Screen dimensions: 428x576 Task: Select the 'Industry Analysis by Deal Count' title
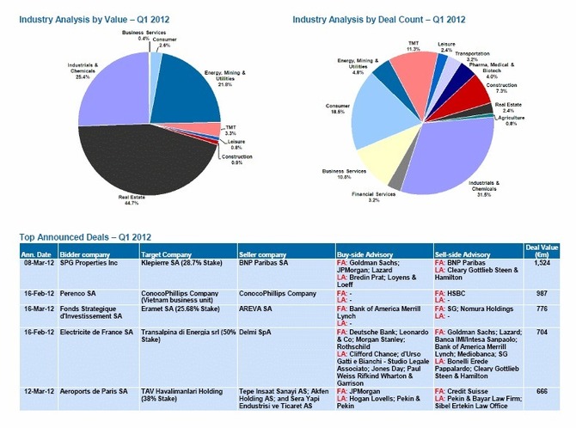(x=378, y=19)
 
